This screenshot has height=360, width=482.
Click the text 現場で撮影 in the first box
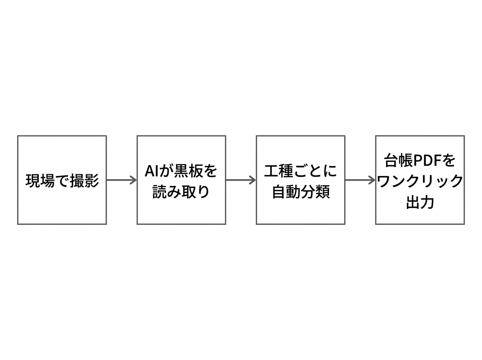click(62, 180)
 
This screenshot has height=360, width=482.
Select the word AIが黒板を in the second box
click(181, 171)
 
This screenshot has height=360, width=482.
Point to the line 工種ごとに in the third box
click(300, 171)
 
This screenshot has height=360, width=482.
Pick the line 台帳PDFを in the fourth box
click(420, 161)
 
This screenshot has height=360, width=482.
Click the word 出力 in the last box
click(420, 202)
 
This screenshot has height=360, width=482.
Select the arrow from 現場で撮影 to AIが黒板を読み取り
click(121, 180)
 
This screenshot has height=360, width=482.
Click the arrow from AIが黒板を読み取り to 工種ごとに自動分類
click(241, 180)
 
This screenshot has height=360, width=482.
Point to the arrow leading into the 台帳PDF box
click(360, 180)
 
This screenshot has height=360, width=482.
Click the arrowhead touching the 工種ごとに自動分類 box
click(253, 180)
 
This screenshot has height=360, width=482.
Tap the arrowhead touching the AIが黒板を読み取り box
click(134, 180)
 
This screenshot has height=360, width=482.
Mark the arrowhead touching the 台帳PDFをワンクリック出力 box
click(372, 180)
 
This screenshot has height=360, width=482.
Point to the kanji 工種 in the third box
click(278, 171)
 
